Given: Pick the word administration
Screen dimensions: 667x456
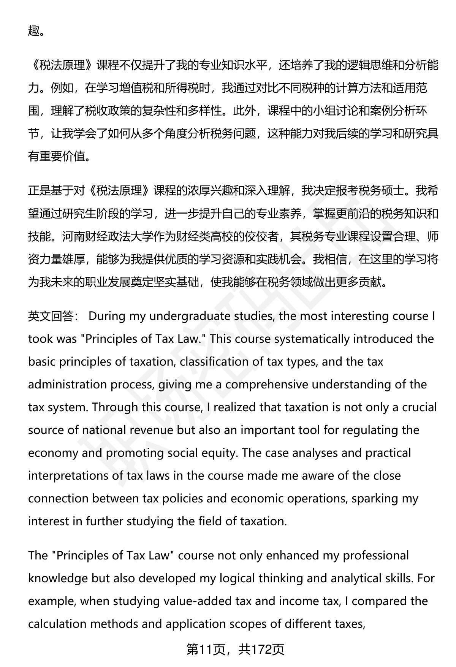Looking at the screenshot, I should (x=68, y=385).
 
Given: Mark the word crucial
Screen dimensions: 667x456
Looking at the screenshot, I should (x=419, y=407).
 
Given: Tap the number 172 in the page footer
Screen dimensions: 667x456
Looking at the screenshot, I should (x=261, y=650).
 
